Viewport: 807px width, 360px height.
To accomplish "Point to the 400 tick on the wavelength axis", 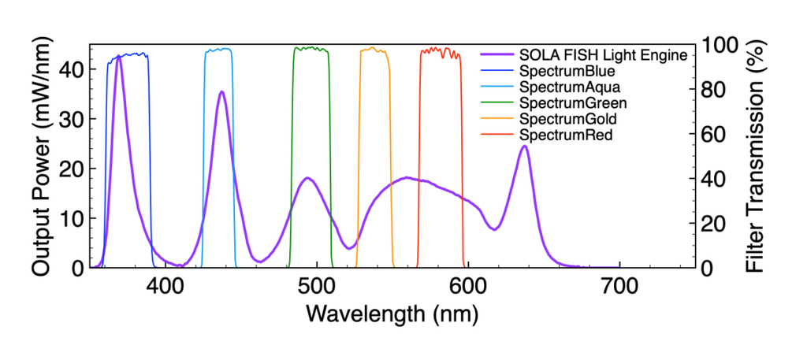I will (165, 286).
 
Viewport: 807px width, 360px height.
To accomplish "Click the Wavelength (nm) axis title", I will (392, 314).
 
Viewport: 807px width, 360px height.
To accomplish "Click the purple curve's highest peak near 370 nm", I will (119, 57).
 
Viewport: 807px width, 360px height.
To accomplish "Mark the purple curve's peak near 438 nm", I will (221, 92).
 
